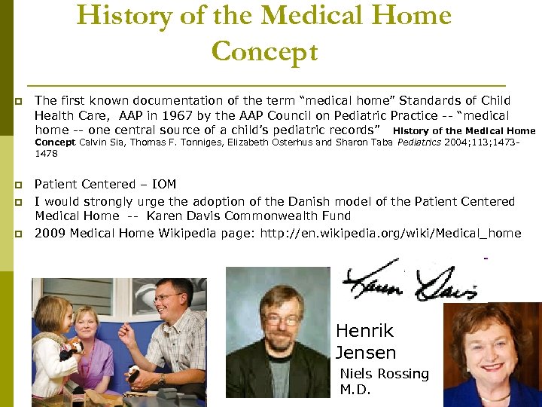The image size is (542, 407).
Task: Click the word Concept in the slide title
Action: (x=265, y=51)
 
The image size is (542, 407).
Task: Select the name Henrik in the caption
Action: (x=364, y=331)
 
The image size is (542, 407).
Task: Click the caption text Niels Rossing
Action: (x=384, y=374)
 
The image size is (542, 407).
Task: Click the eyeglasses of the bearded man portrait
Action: (x=280, y=319)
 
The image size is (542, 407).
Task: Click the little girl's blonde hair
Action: (x=50, y=308)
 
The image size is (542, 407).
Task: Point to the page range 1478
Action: (x=46, y=153)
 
